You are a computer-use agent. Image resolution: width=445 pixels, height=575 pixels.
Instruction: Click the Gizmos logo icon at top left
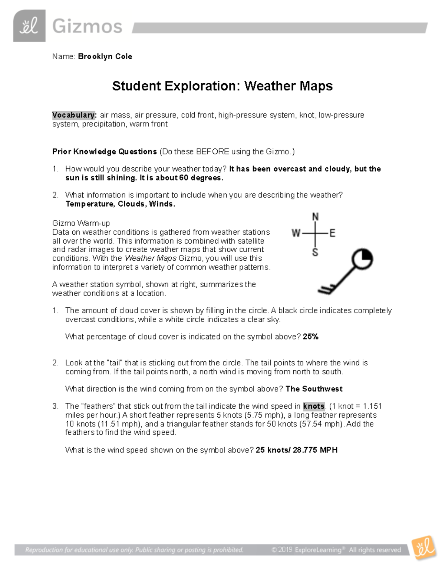pyautogui.click(x=29, y=26)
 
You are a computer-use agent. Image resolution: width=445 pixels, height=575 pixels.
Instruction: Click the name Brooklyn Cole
pyautogui.click(x=105, y=57)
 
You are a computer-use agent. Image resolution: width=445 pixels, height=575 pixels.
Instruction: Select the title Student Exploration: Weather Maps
pyautogui.click(x=222, y=86)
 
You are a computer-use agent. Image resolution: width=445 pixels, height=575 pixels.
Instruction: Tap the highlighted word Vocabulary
pyautogui.click(x=74, y=115)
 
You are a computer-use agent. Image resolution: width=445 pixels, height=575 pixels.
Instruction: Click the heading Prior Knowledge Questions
pyautogui.click(x=105, y=151)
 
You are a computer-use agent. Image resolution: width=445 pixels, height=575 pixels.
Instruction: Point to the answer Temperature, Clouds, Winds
pyautogui.click(x=120, y=204)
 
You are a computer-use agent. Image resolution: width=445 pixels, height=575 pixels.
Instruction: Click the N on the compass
pyautogui.click(x=316, y=217)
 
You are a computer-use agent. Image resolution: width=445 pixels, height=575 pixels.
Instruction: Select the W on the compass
pyautogui.click(x=296, y=233)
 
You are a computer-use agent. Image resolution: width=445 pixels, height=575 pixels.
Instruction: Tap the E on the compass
pyautogui.click(x=332, y=233)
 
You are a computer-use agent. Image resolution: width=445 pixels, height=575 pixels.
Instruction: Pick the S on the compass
pyautogui.click(x=315, y=253)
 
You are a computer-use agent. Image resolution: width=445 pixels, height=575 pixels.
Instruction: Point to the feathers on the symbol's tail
pyautogui.click(x=327, y=288)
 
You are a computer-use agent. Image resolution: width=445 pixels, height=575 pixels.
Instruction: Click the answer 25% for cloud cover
pyautogui.click(x=311, y=337)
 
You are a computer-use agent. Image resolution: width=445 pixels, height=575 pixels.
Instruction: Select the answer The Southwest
pyautogui.click(x=314, y=389)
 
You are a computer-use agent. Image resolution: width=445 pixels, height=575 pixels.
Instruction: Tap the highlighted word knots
pyautogui.click(x=314, y=406)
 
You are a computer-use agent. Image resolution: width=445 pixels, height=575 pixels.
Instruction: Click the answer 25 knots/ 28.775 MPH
pyautogui.click(x=297, y=450)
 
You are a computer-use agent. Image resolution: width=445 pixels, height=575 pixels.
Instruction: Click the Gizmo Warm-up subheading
pyautogui.click(x=81, y=223)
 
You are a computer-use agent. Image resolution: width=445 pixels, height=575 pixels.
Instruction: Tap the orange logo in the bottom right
pyautogui.click(x=423, y=548)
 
